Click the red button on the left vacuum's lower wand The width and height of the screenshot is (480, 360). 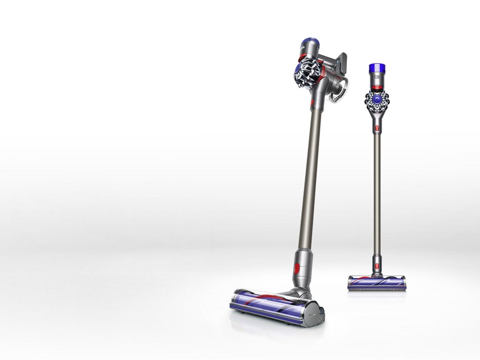pos(296,269)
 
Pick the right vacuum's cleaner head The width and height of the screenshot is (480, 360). pos(370,283)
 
